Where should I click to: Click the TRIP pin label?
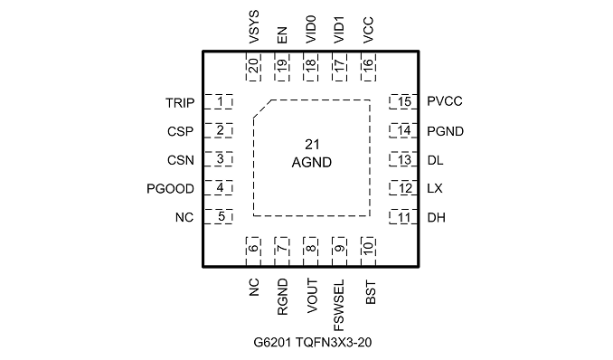(180, 103)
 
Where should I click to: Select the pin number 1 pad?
(219, 101)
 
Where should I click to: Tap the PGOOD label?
(171, 189)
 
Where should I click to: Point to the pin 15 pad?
(403, 101)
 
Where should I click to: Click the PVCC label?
(445, 101)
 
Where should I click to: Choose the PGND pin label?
(446, 131)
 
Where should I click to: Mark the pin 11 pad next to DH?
(403, 217)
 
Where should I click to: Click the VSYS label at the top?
(254, 27)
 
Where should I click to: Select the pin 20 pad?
(253, 66)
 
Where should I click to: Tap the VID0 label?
(311, 30)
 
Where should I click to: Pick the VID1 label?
(339, 30)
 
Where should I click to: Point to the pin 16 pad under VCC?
(368, 66)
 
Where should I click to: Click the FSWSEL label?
(339, 305)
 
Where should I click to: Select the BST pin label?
(371, 292)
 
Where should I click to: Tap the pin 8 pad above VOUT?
(310, 251)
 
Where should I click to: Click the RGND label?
(282, 297)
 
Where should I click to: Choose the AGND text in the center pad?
(312, 163)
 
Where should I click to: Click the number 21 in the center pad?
(312, 145)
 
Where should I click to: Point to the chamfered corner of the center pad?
(263, 109)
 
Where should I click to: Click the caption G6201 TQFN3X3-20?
(312, 343)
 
